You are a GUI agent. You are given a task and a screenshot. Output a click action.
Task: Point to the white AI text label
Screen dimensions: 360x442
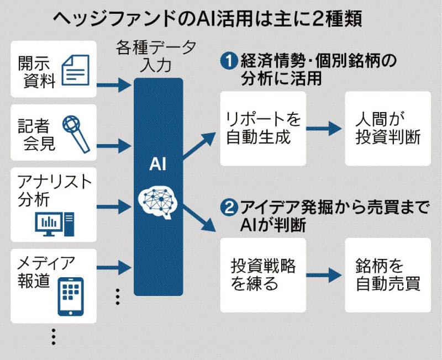158,164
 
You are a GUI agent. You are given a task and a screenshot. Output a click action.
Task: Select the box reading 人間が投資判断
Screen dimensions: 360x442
387,129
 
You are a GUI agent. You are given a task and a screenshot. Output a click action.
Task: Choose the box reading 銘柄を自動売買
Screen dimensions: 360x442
387,274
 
